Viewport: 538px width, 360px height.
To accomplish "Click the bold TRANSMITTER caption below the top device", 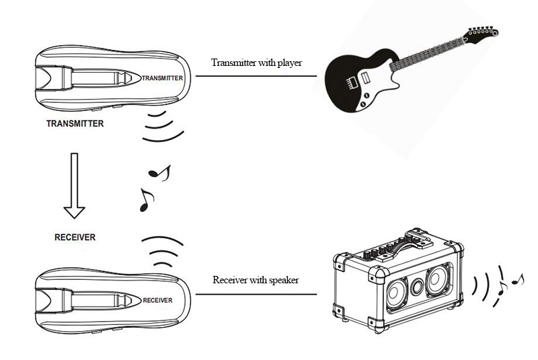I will [74, 124].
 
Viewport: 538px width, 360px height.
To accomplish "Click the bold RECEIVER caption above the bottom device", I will [75, 238].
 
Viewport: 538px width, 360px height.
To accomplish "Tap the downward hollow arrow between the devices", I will [74, 188].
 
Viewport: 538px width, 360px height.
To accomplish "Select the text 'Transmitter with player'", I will [256, 63].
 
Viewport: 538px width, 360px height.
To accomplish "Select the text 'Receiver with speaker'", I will [256, 280].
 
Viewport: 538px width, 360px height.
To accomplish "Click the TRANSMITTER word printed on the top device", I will [161, 78].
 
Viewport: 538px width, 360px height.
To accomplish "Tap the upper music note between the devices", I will [159, 173].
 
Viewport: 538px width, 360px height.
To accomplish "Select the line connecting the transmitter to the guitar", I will [256, 75].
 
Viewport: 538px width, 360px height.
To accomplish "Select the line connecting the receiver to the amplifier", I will [256, 294].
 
